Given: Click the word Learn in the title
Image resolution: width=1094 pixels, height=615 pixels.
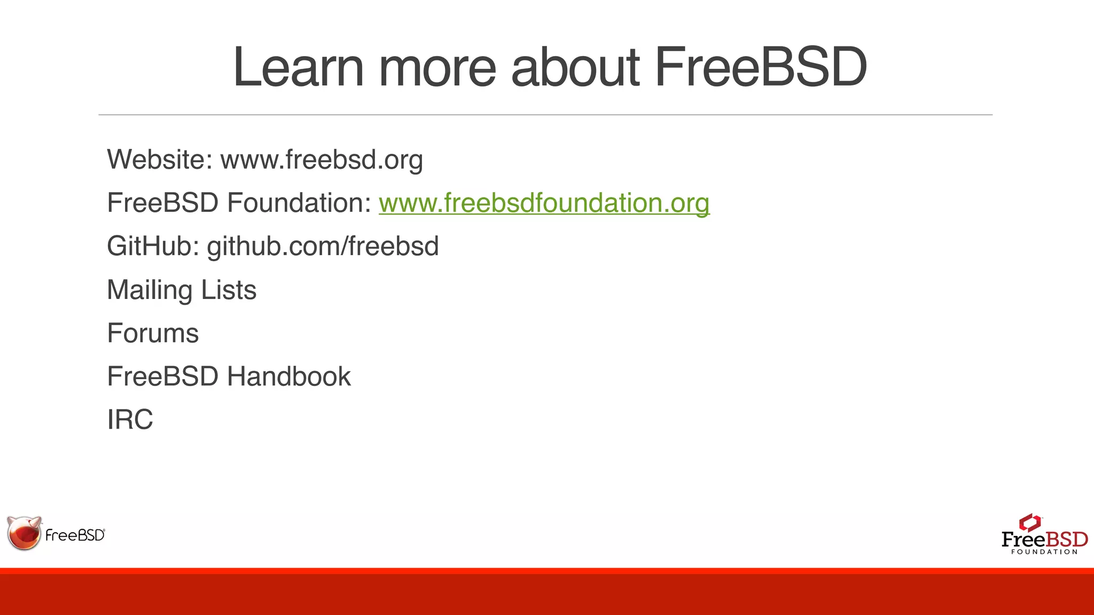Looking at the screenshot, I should (x=298, y=67).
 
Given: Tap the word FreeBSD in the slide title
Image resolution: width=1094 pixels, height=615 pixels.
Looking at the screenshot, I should (x=760, y=67).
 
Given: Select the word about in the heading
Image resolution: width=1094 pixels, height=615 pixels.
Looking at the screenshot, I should (x=575, y=67).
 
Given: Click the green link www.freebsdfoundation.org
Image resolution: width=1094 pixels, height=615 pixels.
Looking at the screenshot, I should (x=544, y=203).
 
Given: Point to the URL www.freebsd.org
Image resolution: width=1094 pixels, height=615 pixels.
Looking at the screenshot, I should (x=322, y=160).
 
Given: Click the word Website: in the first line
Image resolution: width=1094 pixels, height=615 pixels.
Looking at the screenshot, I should (x=160, y=160).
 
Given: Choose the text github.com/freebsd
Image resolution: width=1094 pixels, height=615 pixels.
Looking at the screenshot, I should (x=323, y=246).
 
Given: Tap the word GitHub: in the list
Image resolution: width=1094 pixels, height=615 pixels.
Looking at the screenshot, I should (x=153, y=246).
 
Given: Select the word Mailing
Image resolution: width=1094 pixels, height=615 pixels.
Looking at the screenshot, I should (x=150, y=290).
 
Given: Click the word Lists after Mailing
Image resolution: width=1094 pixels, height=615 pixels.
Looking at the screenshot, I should (x=229, y=290).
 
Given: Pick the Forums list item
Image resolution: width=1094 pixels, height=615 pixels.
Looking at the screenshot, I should (x=153, y=333).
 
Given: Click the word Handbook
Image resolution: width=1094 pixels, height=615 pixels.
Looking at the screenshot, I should (x=289, y=376).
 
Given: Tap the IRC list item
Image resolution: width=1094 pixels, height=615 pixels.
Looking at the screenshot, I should (x=130, y=420).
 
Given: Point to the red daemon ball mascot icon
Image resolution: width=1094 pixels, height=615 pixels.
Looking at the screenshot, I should (x=24, y=533).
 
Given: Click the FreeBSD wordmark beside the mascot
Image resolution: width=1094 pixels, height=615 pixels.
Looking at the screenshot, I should (x=75, y=535).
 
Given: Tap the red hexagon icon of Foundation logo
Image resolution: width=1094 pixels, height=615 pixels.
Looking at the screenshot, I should (x=1029, y=522).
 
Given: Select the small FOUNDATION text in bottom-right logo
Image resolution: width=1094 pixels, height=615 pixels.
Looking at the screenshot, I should (x=1044, y=552).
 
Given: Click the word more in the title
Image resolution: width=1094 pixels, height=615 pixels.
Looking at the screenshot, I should (x=437, y=67).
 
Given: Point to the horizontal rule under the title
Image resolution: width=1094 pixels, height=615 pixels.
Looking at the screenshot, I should (x=545, y=115).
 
